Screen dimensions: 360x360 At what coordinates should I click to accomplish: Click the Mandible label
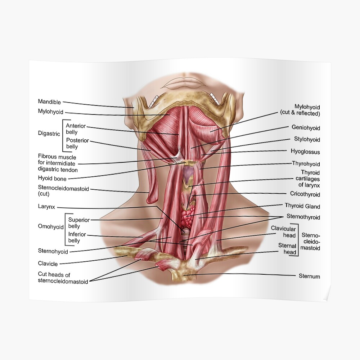click(49, 102)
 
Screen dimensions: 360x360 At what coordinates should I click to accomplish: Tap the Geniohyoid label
click(306, 127)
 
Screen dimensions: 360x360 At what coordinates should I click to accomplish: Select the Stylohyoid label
click(307, 139)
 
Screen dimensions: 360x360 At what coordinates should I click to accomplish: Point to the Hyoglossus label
click(305, 152)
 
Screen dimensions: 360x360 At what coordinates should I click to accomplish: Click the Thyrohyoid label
click(306, 164)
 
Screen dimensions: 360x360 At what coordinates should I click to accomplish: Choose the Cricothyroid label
click(305, 194)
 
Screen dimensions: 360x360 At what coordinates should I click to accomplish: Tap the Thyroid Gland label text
click(302, 206)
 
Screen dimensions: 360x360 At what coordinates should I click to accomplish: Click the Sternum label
click(309, 276)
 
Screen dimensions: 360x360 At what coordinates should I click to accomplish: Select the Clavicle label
click(48, 264)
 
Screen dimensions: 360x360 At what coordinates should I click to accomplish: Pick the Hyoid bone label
click(52, 179)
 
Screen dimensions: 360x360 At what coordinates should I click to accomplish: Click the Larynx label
click(46, 207)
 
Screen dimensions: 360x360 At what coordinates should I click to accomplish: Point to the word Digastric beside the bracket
click(49, 134)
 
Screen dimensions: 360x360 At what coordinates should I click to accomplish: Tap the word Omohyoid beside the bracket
click(51, 227)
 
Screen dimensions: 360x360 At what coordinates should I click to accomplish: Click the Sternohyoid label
click(53, 251)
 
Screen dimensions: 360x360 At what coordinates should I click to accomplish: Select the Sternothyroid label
click(303, 217)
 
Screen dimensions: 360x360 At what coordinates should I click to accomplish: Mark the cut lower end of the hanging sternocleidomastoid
click(152, 202)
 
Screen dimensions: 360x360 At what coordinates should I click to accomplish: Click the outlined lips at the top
click(181, 83)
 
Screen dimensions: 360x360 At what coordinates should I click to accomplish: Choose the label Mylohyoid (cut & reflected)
click(300, 110)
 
